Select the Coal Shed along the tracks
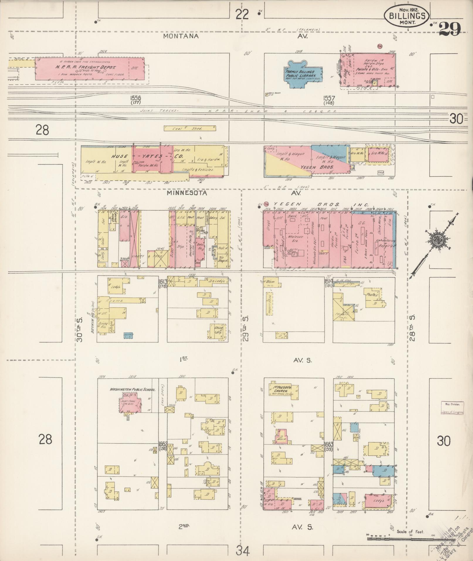(189, 128)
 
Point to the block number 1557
(329, 99)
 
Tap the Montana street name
(181, 36)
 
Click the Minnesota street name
(187, 193)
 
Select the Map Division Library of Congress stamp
(452, 408)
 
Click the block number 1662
(163, 444)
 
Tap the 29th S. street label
(246, 328)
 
